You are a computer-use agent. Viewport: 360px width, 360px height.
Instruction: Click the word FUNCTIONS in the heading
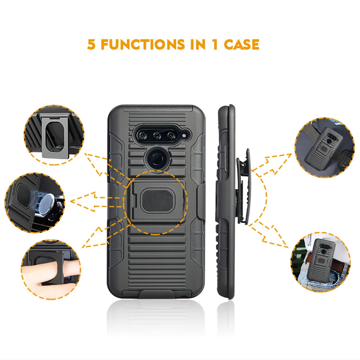click(x=143, y=45)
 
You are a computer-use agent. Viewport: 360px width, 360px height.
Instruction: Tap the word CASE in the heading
click(x=242, y=45)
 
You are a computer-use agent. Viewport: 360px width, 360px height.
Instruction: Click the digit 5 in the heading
click(x=91, y=45)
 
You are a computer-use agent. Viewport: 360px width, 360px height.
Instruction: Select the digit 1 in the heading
click(x=215, y=45)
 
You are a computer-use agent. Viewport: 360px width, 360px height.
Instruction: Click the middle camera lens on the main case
click(x=157, y=136)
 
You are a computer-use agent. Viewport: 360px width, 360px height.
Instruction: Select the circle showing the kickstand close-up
click(x=54, y=135)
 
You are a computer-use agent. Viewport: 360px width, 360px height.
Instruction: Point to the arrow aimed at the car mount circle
click(x=96, y=202)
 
